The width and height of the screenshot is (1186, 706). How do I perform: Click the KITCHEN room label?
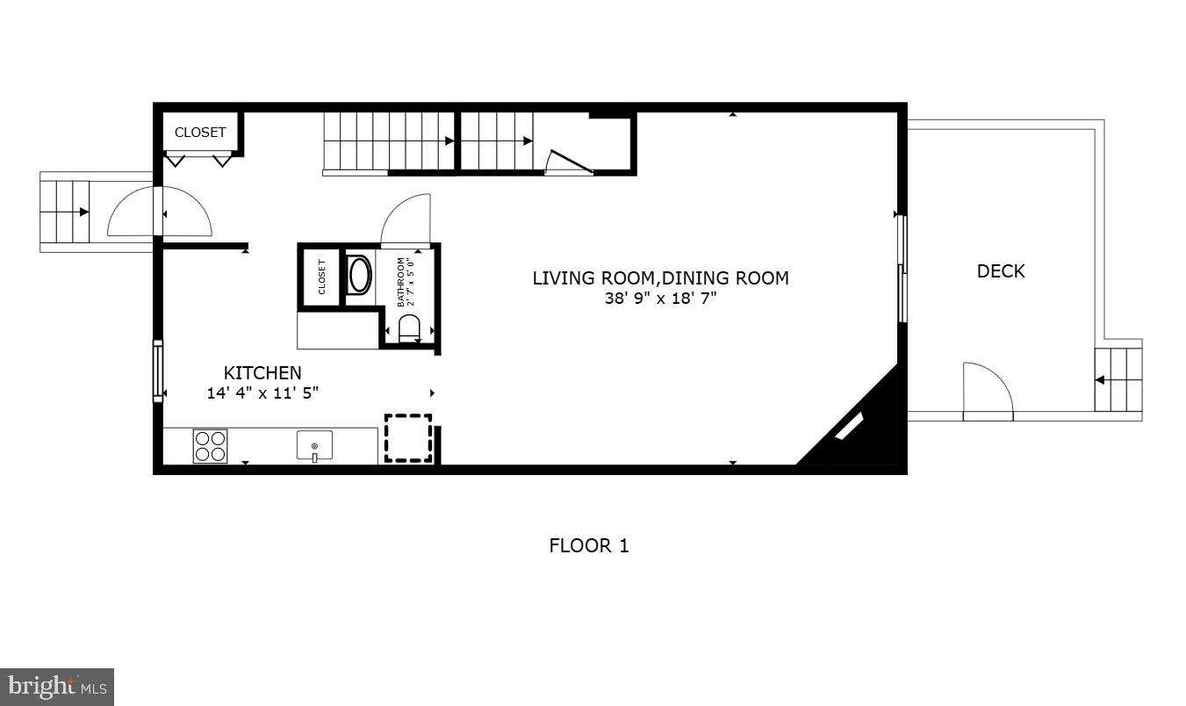(x=262, y=373)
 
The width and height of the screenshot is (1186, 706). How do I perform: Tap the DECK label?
(x=1001, y=271)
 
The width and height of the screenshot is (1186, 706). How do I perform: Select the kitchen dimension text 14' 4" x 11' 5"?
(x=262, y=393)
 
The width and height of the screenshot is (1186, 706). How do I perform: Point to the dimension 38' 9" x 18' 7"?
(x=660, y=299)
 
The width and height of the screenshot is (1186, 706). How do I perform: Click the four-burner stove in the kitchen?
(x=210, y=446)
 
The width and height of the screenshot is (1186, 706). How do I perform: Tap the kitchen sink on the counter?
(x=314, y=446)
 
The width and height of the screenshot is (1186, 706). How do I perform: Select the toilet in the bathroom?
(x=409, y=328)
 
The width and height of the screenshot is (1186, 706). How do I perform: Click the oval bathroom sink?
(x=360, y=275)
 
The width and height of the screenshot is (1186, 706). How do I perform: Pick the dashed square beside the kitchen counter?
(x=408, y=438)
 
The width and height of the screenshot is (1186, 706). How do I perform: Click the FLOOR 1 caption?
(x=589, y=545)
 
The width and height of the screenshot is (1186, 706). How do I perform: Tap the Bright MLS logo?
(x=57, y=687)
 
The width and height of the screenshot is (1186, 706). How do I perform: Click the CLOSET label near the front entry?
(x=200, y=133)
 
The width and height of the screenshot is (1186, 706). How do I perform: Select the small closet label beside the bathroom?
(x=321, y=277)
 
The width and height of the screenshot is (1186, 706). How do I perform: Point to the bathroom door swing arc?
(x=406, y=220)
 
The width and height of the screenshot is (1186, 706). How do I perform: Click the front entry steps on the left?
(x=65, y=212)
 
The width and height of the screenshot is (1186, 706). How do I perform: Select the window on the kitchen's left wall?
(x=158, y=371)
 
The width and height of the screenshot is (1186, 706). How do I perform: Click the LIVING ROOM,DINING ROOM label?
(x=660, y=278)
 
